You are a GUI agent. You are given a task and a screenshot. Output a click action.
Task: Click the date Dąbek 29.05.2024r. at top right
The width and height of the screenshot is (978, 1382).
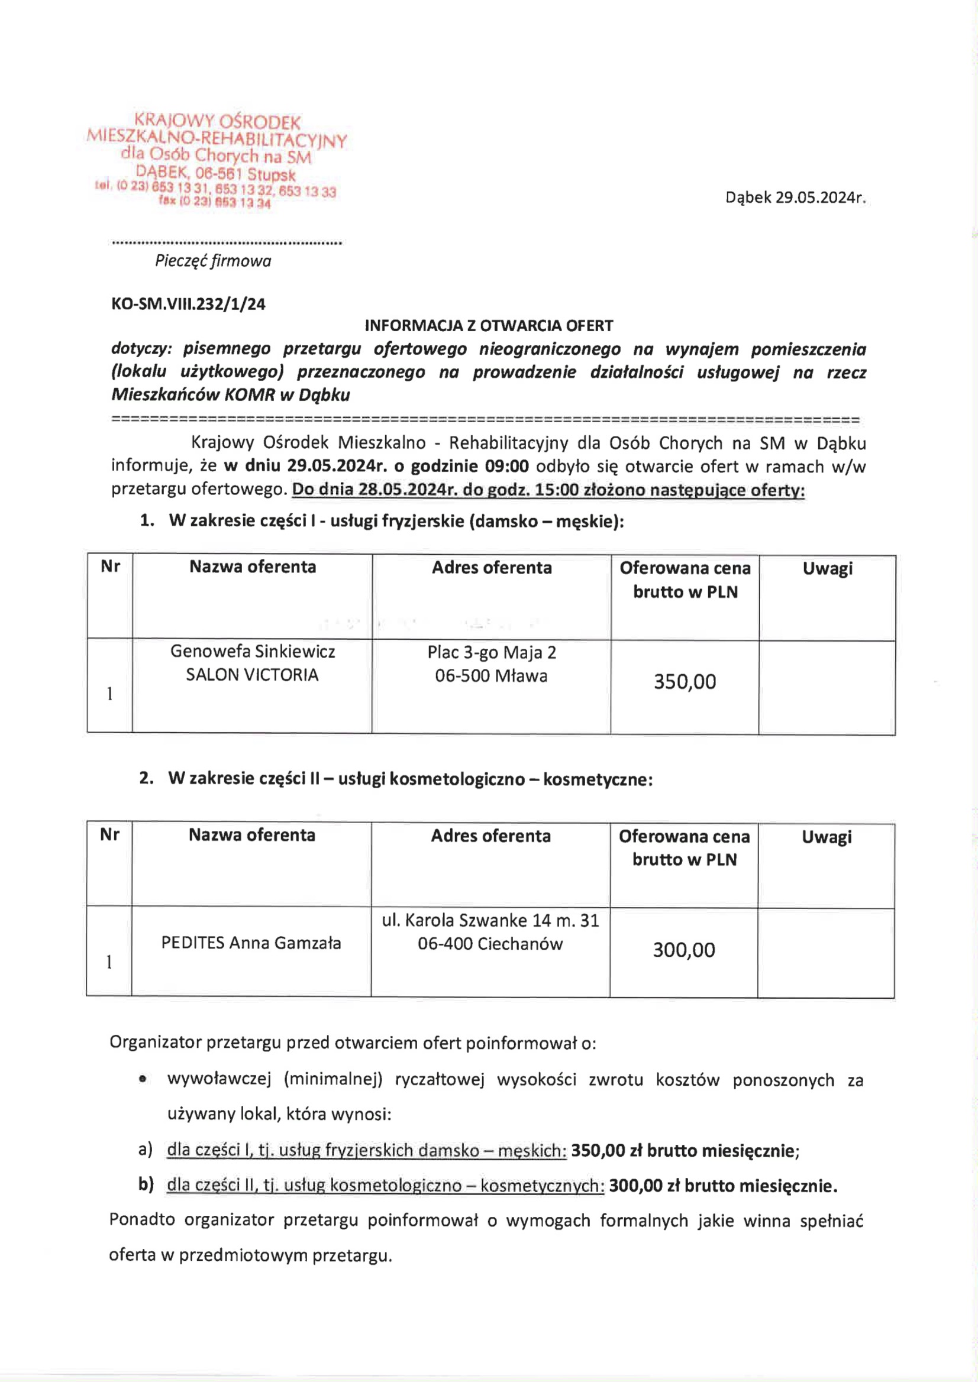click(795, 198)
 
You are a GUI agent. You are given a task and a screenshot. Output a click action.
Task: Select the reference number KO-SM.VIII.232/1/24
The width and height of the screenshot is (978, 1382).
click(188, 304)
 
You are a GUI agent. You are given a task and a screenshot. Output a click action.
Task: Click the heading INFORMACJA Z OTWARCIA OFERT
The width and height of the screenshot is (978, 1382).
click(489, 326)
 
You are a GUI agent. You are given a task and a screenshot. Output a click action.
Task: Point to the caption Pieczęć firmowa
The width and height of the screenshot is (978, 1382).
click(213, 261)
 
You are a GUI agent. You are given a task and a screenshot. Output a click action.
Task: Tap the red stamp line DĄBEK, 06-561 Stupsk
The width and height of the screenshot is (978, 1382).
click(215, 174)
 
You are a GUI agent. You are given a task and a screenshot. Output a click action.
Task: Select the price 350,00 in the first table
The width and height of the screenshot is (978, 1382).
click(685, 681)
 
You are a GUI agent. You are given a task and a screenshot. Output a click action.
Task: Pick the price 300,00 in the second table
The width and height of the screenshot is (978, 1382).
click(684, 950)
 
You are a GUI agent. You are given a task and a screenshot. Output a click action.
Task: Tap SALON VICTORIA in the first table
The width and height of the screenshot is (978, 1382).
click(251, 675)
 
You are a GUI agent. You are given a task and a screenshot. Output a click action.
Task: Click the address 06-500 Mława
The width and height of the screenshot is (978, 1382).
click(492, 676)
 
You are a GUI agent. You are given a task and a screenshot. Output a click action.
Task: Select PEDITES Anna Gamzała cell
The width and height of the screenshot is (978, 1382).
click(251, 943)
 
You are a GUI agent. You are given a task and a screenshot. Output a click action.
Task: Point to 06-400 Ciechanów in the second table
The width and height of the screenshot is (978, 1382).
click(490, 943)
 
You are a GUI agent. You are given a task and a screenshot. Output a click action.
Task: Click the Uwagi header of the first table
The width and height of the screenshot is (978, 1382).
click(827, 568)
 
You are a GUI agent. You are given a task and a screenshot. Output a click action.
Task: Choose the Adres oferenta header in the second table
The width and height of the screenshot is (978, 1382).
click(491, 836)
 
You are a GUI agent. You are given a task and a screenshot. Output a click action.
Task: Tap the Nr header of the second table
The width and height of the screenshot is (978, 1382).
click(109, 834)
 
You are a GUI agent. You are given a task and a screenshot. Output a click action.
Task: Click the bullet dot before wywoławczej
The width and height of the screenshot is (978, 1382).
click(142, 1080)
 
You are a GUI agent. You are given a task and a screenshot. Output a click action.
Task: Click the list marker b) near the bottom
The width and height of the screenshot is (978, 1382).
click(146, 1184)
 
